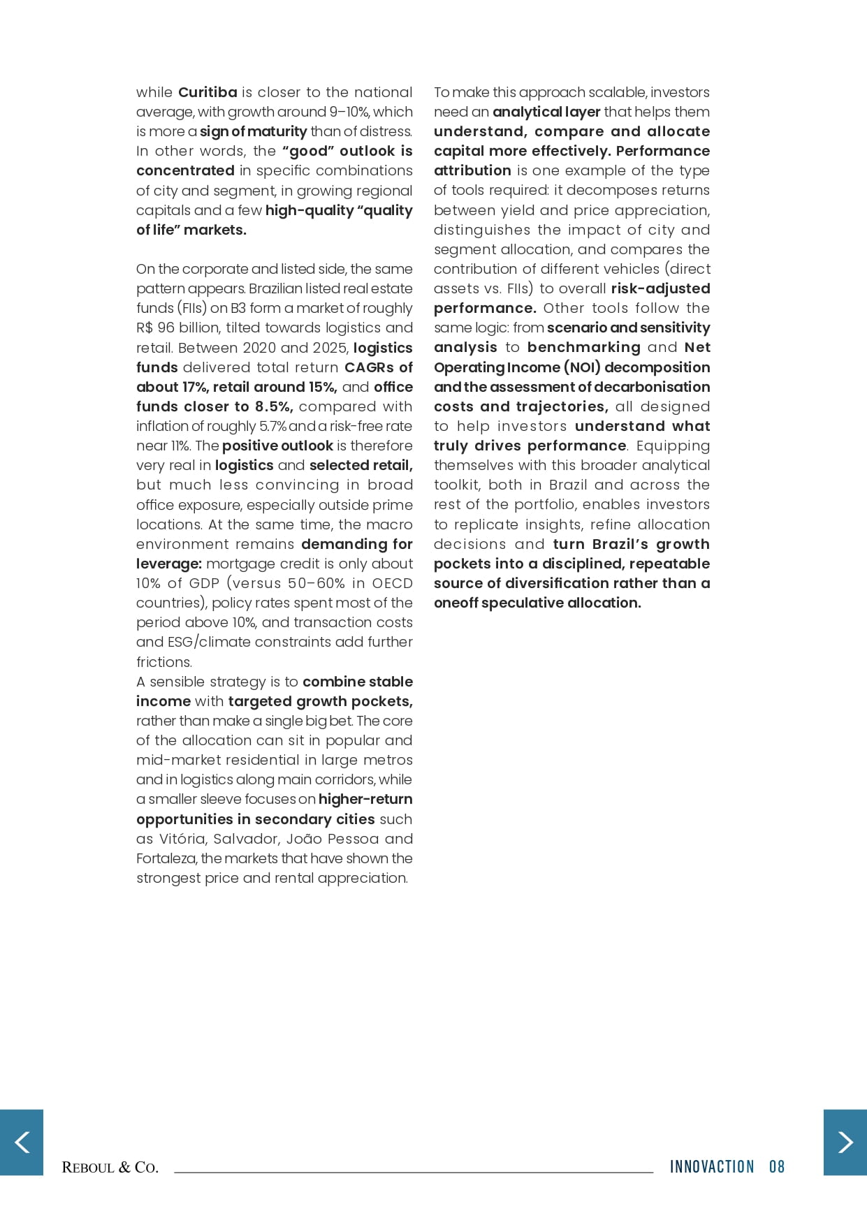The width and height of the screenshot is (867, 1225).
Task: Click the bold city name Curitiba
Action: (207, 92)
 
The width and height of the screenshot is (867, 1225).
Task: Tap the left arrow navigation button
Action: (22, 1142)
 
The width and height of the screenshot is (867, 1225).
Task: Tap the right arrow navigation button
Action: (845, 1142)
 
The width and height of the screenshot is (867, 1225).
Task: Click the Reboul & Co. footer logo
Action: (110, 1167)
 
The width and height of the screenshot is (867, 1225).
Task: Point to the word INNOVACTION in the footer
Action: (712, 1166)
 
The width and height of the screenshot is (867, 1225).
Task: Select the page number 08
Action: (777, 1166)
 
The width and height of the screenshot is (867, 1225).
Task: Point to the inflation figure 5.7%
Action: (272, 426)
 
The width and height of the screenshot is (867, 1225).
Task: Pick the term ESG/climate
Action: (213, 642)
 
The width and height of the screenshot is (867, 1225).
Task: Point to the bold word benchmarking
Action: (583, 347)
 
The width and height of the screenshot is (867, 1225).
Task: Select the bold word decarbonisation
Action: (652, 387)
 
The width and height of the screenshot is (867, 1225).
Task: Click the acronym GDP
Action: (203, 583)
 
